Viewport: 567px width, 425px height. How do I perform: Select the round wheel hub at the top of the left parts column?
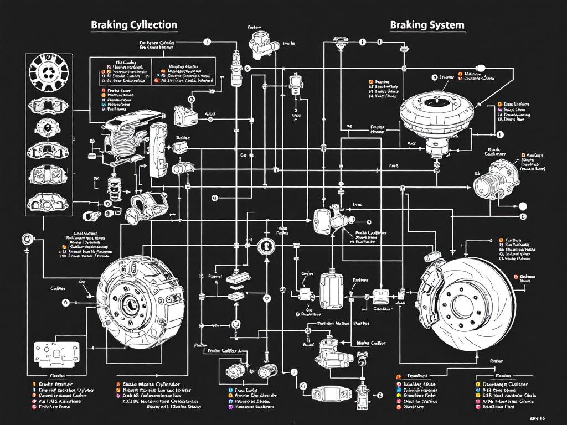pyautogui.click(x=47, y=71)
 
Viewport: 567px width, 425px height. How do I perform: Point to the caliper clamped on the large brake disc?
pyautogui.click(x=434, y=287)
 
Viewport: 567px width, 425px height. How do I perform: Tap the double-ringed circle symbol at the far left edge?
pyautogui.click(x=26, y=240)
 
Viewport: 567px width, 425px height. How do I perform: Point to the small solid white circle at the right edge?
pyautogui.click(x=522, y=206)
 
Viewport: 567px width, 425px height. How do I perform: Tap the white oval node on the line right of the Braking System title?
pyautogui.click(x=480, y=68)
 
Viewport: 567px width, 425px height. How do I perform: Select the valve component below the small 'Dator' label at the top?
pyautogui.click(x=260, y=45)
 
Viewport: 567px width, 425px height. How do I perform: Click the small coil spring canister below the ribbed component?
pyautogui.click(x=115, y=188)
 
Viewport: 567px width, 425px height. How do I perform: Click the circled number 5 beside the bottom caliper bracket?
pyautogui.click(x=303, y=386)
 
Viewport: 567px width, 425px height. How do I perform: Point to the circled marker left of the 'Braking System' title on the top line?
pyautogui.click(x=363, y=42)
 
